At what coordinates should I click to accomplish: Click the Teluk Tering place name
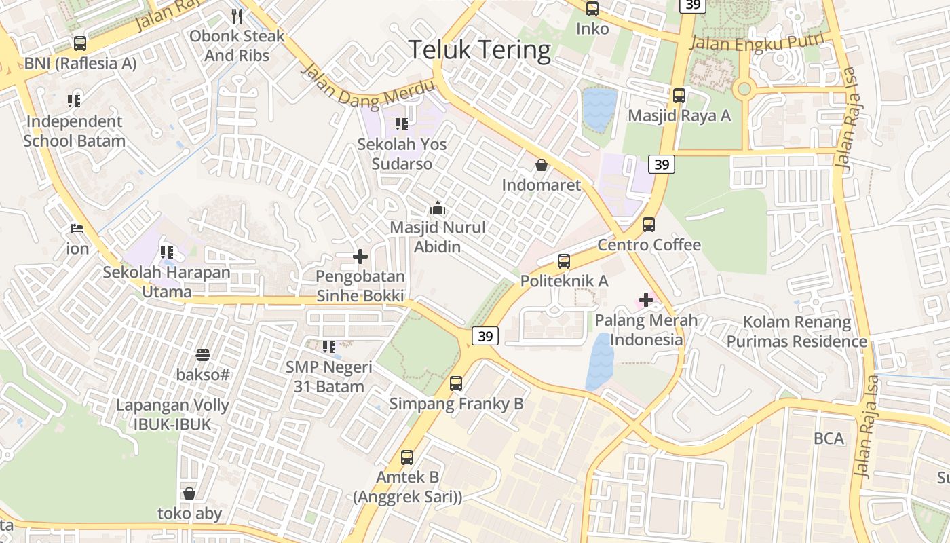click(x=480, y=50)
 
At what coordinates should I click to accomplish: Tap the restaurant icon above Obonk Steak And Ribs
click(x=237, y=16)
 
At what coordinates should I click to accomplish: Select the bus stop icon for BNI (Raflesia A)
click(x=80, y=43)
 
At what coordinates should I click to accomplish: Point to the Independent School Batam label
click(x=75, y=132)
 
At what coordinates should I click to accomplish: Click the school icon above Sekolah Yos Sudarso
click(x=402, y=124)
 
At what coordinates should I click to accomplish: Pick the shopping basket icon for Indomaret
click(x=541, y=165)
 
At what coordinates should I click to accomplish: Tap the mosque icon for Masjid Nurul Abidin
click(x=438, y=208)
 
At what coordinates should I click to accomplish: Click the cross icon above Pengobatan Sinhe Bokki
click(x=360, y=257)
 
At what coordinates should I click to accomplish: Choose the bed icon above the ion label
click(x=77, y=229)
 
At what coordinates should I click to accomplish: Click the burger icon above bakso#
click(x=202, y=354)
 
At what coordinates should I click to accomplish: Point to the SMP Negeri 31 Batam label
click(x=329, y=377)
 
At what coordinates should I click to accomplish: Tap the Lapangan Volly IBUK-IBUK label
click(x=172, y=415)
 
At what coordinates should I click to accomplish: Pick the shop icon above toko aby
click(x=189, y=493)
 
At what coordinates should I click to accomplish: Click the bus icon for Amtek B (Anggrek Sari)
click(x=407, y=457)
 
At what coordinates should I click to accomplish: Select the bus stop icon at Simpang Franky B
click(x=456, y=383)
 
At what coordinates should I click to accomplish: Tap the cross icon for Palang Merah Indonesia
click(x=646, y=299)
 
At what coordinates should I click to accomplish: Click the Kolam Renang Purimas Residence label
click(x=797, y=331)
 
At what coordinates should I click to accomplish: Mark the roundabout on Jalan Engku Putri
click(x=744, y=88)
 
